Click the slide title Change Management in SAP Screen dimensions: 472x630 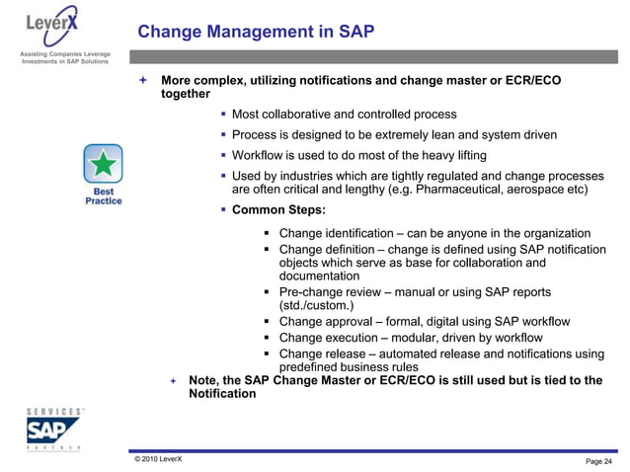[256, 32]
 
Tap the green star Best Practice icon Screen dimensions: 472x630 [103, 161]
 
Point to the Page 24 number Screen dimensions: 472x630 [598, 462]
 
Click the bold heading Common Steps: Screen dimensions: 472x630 [277, 210]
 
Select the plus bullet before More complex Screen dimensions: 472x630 [143, 79]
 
